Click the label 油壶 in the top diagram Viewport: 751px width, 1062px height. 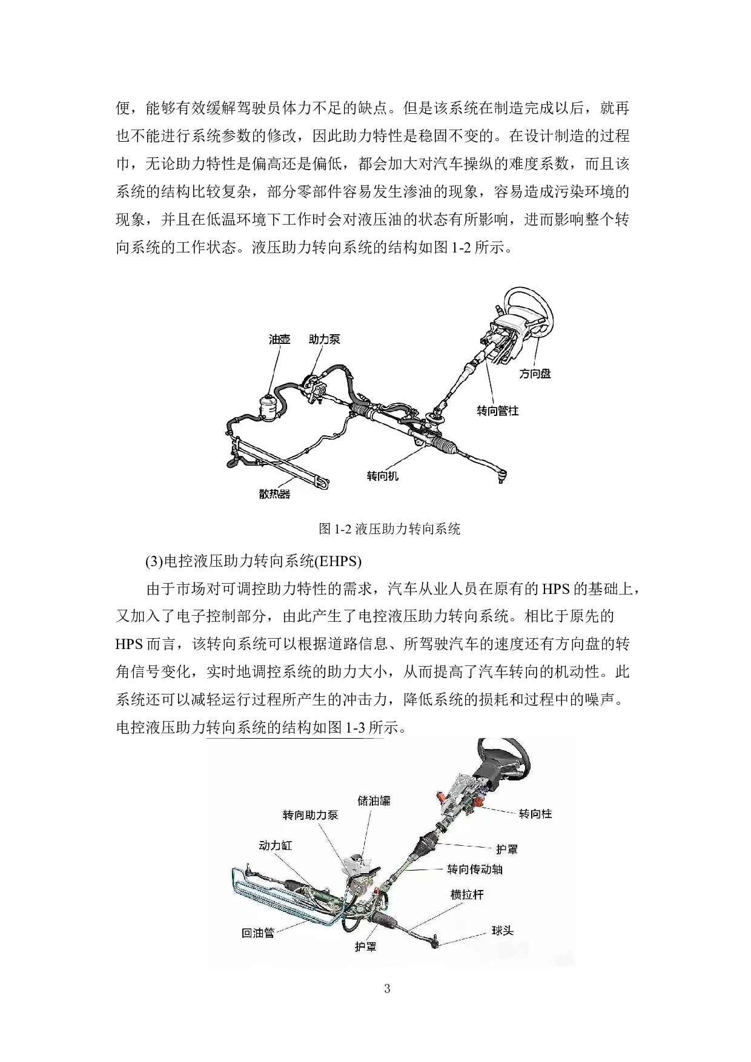pyautogui.click(x=279, y=339)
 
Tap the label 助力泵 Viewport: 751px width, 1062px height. pyautogui.click(x=324, y=339)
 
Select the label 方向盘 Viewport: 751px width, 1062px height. pyautogui.click(x=535, y=374)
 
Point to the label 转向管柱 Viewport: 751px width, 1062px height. pyautogui.click(x=497, y=411)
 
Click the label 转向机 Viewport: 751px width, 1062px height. pyautogui.click(x=383, y=476)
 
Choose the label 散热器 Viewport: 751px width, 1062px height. pyautogui.click(x=274, y=494)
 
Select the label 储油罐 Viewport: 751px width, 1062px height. pyautogui.click(x=374, y=801)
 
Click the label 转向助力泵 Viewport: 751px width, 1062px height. pyautogui.click(x=310, y=815)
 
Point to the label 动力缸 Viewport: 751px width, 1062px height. pyautogui.click(x=275, y=845)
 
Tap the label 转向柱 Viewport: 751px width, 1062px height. pyautogui.click(x=535, y=814)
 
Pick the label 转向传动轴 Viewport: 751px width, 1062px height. pyautogui.click(x=475, y=869)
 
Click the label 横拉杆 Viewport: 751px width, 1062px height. pyautogui.click(x=467, y=894)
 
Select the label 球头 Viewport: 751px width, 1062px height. pyautogui.click(x=502, y=931)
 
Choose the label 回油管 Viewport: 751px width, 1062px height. pyautogui.click(x=258, y=933)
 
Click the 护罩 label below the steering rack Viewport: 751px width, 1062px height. pyautogui.click(x=365, y=947)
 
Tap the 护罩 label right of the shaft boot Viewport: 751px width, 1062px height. pyautogui.click(x=507, y=849)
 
